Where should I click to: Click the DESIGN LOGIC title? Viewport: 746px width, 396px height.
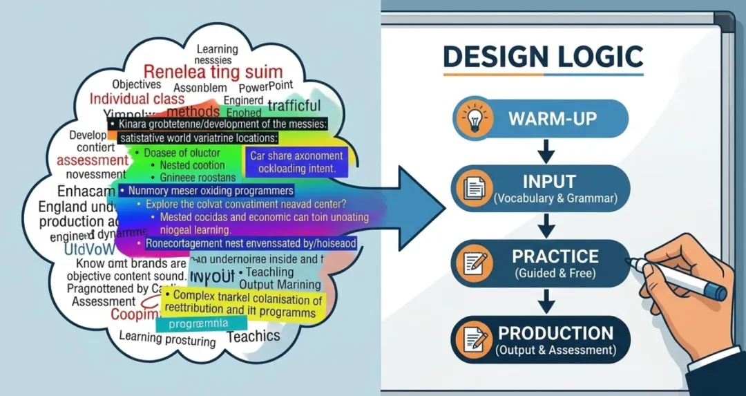click(543, 56)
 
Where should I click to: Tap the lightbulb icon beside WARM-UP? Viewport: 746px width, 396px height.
click(477, 118)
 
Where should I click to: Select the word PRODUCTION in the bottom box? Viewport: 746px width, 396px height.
click(555, 334)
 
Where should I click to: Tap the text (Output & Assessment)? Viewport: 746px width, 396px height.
click(555, 350)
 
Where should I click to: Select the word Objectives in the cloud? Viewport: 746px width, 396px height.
click(137, 84)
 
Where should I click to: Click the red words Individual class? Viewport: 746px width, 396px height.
click(137, 99)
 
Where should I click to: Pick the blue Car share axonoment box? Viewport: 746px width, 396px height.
click(296, 162)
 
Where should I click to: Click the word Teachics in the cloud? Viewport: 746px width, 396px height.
click(254, 337)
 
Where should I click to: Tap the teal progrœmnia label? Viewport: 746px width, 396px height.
click(201, 323)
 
